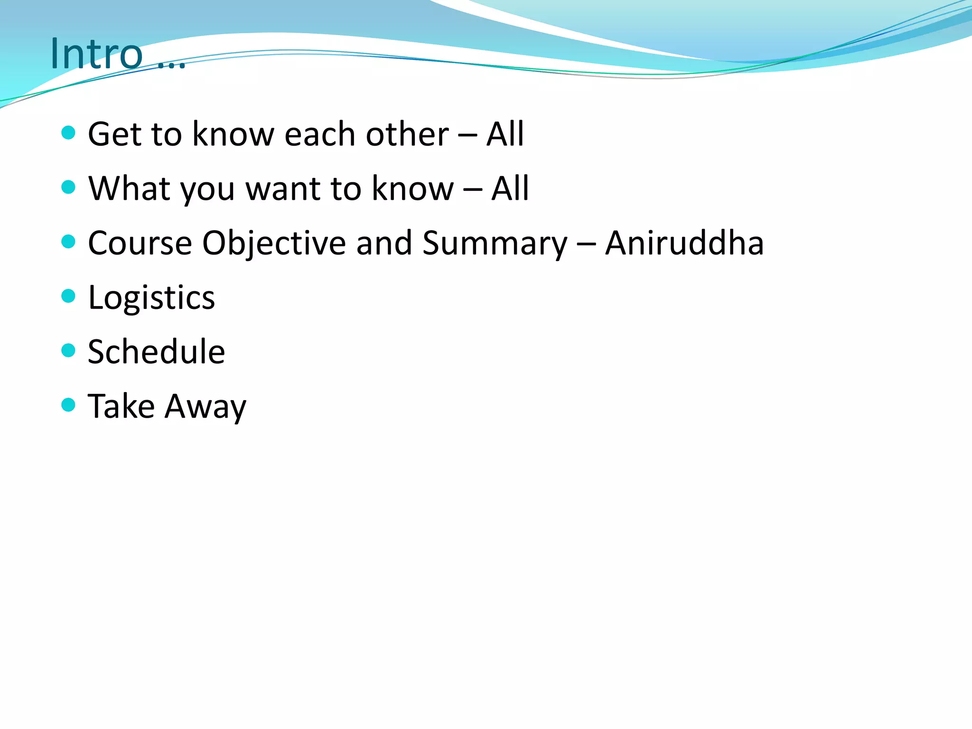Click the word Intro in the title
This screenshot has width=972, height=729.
tap(96, 54)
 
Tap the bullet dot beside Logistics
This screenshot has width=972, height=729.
tap(69, 296)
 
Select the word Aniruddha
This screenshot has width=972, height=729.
tap(684, 243)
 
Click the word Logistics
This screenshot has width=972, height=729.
tap(151, 298)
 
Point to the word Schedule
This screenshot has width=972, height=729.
tap(156, 352)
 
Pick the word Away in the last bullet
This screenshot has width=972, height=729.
tap(206, 407)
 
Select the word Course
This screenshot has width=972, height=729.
tap(140, 243)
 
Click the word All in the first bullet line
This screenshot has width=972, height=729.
tap(505, 134)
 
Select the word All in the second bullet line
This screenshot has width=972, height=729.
tap(510, 188)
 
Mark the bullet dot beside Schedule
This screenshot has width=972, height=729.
tap(69, 351)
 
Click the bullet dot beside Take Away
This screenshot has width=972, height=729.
tap(69, 405)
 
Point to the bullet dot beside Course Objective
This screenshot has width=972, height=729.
tap(69, 242)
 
